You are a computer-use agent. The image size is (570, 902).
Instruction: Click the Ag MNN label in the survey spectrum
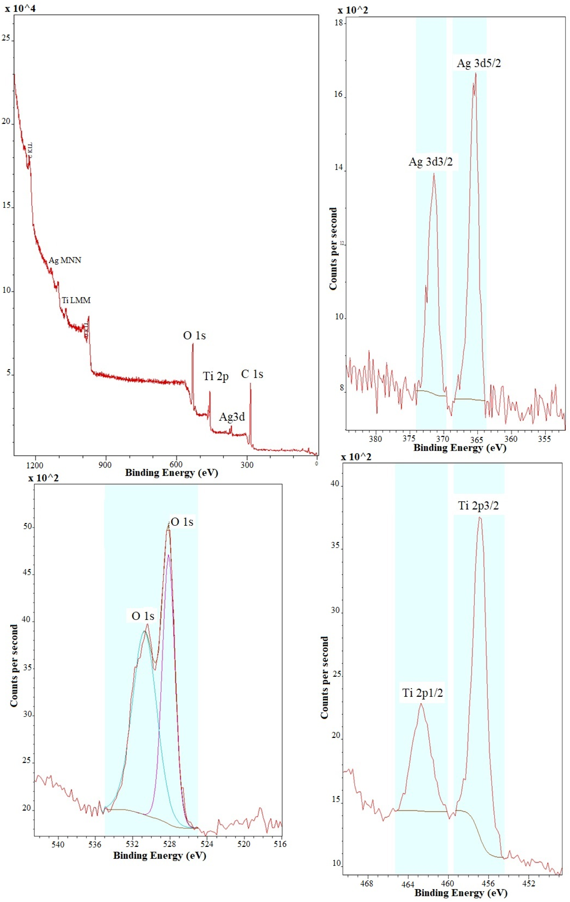coord(65,260)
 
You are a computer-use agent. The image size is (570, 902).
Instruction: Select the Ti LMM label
coord(76,300)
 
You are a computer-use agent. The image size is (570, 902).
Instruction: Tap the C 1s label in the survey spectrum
coord(252,374)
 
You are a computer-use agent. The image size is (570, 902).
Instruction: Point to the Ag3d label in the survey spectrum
coord(232,417)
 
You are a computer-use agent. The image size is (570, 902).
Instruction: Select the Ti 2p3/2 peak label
coord(479,506)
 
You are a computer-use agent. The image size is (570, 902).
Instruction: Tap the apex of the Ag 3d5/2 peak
coord(475,73)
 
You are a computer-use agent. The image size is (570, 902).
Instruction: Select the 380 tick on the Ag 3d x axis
coord(375,439)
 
